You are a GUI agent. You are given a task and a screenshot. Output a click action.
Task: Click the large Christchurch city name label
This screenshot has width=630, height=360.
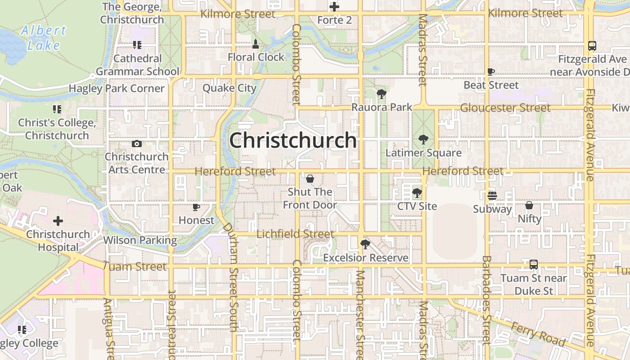tap(293, 140)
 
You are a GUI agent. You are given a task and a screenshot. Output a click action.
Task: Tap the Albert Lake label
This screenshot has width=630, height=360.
tap(44, 38)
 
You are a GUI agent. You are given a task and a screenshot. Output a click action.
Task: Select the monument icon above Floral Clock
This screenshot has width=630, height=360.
tap(256, 44)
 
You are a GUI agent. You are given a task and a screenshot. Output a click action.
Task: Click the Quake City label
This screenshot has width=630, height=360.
tap(229, 88)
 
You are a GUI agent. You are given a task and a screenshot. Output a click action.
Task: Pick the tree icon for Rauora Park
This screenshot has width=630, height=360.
tap(382, 94)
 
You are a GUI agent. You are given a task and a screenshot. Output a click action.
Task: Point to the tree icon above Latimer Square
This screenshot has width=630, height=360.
tap(423, 139)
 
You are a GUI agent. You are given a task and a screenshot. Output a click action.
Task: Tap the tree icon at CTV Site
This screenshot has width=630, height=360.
tap(417, 193)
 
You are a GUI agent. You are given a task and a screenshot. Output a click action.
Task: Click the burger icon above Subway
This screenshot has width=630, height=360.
tap(492, 196)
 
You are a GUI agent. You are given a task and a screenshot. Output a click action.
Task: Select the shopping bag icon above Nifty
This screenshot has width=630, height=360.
tap(529, 206)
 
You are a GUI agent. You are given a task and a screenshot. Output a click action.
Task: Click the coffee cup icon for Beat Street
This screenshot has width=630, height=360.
tap(491, 72)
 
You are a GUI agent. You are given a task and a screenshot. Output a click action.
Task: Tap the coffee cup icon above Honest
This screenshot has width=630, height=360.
tap(196, 207)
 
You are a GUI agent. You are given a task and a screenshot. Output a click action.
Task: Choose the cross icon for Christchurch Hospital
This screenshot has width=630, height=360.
tap(58, 221)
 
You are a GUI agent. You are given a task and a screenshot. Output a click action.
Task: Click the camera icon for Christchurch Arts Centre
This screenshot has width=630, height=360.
tap(137, 144)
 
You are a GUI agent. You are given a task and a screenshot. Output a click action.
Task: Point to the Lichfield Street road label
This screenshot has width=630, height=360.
tap(295, 234)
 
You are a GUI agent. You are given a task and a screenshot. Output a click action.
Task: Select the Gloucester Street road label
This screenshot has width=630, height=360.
tap(505, 108)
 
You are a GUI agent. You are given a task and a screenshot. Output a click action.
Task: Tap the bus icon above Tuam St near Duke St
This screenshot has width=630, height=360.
tap(533, 265)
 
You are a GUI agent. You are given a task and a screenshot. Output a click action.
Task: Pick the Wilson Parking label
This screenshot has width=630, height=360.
tap(140, 240)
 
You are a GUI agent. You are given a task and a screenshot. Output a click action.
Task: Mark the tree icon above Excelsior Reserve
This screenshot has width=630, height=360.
tap(365, 244)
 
